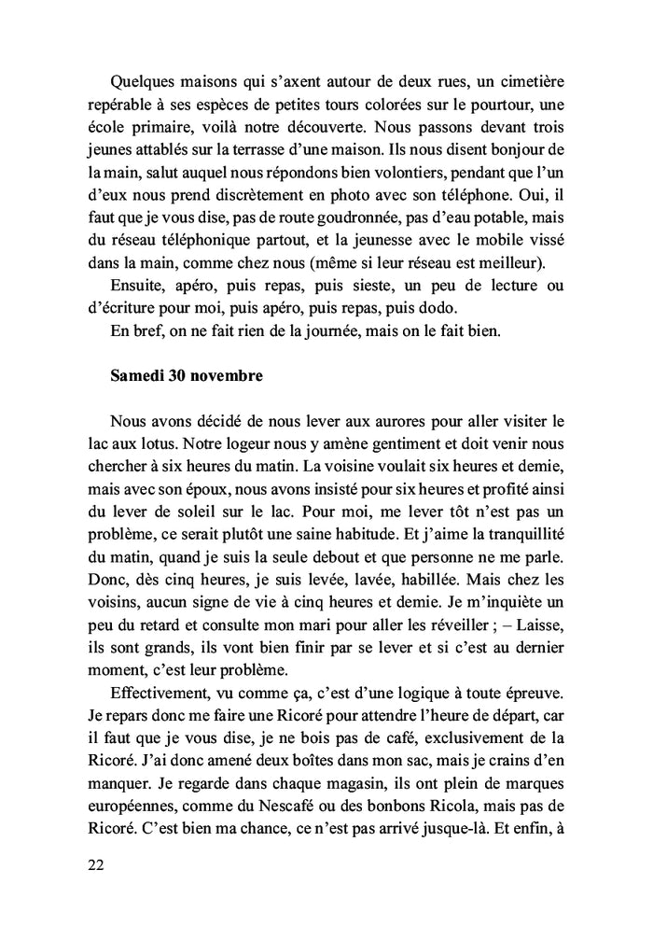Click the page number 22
(94, 864)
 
